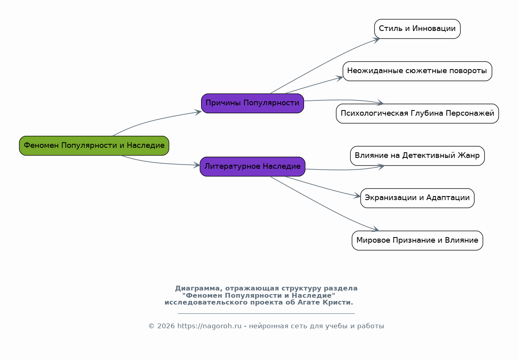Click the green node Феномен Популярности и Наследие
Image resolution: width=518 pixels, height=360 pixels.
[x=94, y=145]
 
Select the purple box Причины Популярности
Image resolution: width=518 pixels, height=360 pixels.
[x=252, y=103]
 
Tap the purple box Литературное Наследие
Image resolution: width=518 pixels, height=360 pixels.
[x=252, y=167]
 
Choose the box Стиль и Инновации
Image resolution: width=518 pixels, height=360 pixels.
[x=417, y=29]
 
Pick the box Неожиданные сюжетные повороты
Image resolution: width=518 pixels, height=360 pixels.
[x=417, y=71]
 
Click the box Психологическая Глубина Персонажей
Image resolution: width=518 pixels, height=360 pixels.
[x=417, y=113]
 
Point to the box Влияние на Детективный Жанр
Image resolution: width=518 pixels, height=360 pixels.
[x=417, y=156]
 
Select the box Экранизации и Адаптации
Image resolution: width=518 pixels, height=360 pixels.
[x=417, y=198]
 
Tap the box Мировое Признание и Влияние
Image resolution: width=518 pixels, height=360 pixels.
[x=417, y=240]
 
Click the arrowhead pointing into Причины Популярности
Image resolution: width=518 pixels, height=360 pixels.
[x=198, y=112]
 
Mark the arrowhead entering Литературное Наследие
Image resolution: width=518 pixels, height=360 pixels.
[x=197, y=165]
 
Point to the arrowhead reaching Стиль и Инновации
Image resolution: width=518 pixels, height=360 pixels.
[x=376, y=40]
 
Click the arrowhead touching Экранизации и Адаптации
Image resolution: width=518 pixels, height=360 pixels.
[x=358, y=196]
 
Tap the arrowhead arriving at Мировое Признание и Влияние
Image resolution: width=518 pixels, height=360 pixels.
[x=375, y=229]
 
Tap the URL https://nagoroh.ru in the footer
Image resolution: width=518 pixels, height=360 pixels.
[x=209, y=326]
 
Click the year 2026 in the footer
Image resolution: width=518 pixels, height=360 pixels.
[x=166, y=326]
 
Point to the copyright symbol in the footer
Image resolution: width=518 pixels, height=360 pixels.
[x=151, y=326]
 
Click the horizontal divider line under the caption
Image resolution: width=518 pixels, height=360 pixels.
[x=266, y=313]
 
